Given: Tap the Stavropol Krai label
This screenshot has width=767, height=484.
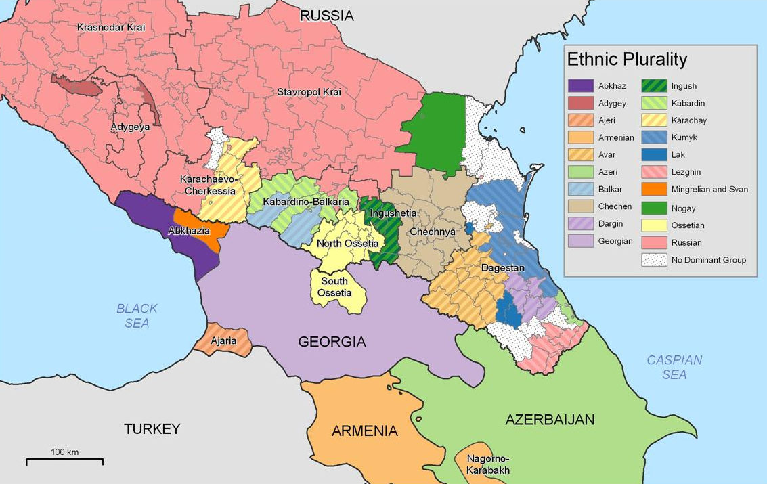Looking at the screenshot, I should coord(308,91).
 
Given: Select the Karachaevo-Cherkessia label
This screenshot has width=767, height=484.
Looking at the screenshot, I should coord(208,185).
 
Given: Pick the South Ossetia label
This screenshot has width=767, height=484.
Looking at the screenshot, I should coord(335,287).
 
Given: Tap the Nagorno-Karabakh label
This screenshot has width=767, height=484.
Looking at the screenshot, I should coord(487,464).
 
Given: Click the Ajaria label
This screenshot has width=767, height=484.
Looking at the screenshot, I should coord(223,340).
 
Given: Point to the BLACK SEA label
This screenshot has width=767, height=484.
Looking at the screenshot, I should coord(137,315).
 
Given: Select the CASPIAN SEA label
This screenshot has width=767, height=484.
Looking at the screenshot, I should coord(674,367).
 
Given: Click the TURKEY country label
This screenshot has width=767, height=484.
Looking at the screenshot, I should coord(152,428).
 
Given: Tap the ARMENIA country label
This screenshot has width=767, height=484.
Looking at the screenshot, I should coord(364,431).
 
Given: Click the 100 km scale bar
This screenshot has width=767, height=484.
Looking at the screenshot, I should coord(64,461).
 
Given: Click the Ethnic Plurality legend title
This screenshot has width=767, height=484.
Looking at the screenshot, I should coord(627,60).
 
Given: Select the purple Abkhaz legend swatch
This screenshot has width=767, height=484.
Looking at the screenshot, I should coord(580,86).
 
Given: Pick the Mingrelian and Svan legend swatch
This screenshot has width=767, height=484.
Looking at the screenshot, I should coord(655,190).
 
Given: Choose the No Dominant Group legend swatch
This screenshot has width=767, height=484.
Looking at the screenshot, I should coord(655,259).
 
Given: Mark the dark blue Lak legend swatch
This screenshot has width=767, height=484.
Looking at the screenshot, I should coord(655,155).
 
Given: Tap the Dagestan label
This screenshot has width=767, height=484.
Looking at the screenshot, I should coord(503,268).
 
